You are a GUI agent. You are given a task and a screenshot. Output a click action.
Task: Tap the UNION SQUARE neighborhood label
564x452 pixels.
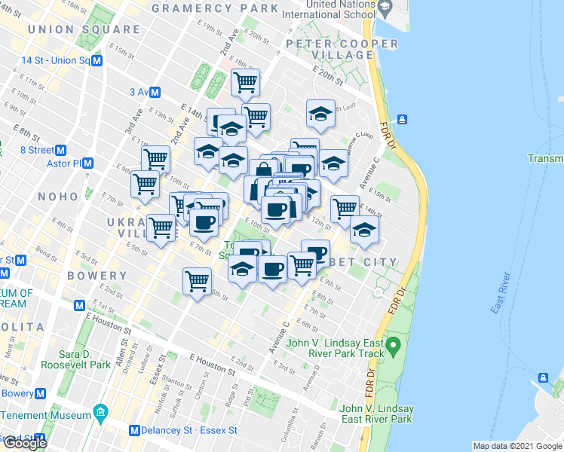84,29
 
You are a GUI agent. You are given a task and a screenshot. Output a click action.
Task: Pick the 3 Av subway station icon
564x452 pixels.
155,92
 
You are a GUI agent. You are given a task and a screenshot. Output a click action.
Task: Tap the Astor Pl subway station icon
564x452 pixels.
88,163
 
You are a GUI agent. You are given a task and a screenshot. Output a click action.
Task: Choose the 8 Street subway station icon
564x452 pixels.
62,150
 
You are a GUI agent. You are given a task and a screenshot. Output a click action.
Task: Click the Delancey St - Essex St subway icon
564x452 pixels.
134,431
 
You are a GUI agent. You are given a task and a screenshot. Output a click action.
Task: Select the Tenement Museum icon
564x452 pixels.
100,413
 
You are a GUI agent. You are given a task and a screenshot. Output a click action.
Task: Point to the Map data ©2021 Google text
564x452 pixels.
517,445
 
